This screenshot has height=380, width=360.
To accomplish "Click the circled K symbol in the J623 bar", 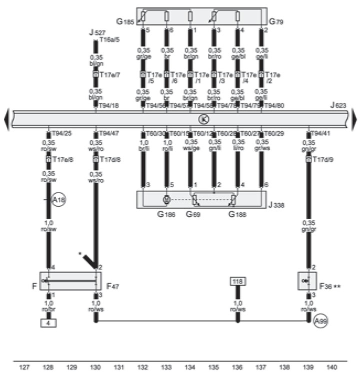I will pyautogui.click(x=203, y=119).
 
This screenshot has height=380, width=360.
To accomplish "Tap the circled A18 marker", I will pyautogui.click(x=58, y=200).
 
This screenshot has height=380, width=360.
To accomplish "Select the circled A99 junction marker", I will pyautogui.click(x=320, y=322).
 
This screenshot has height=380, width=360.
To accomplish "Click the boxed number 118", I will pyautogui.click(x=237, y=282).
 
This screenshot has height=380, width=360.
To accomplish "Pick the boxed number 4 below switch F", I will pyautogui.click(x=48, y=323).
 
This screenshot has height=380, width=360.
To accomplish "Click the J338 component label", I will pyautogui.click(x=276, y=204).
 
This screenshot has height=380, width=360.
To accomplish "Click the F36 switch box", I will pyautogui.click(x=305, y=281).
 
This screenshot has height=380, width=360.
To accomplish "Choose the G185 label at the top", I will pyautogui.click(x=125, y=21).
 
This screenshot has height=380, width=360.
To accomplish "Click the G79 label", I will pyautogui.click(x=276, y=21).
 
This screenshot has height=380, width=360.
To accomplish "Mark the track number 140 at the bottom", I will pyautogui.click(x=331, y=368).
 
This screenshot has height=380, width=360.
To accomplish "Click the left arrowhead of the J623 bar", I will pyautogui.click(x=6, y=119).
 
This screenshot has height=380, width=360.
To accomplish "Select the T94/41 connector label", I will pyautogui.click(x=319, y=134).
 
